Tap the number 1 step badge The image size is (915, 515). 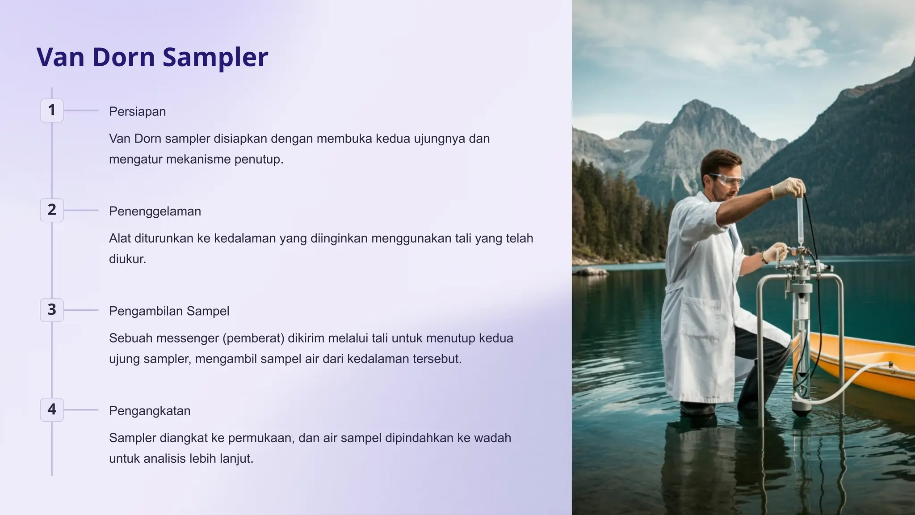click(x=52, y=110)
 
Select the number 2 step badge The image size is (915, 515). click(x=52, y=210)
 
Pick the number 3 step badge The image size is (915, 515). click(x=52, y=309)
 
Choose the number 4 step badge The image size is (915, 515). click(x=52, y=409)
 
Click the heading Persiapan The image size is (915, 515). click(x=137, y=111)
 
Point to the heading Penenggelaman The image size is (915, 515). click(x=155, y=211)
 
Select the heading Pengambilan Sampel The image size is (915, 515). click(x=169, y=311)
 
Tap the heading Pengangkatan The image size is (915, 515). click(x=150, y=410)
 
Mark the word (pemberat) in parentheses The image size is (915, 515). click(x=253, y=338)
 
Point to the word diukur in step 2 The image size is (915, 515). click(x=127, y=259)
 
